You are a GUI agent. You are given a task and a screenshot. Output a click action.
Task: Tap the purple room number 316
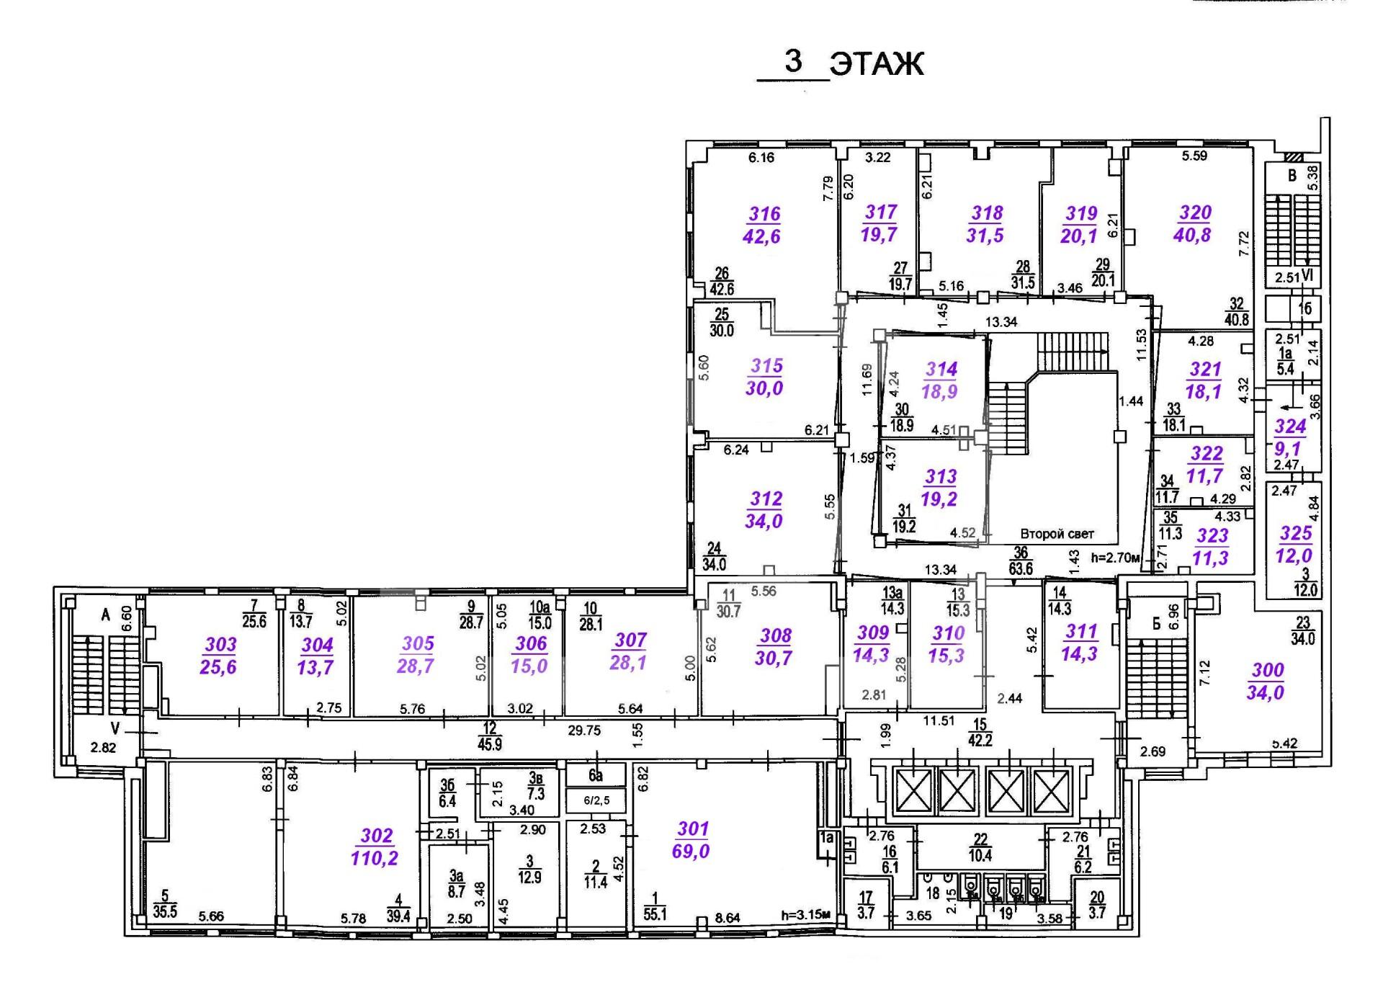[x=764, y=214]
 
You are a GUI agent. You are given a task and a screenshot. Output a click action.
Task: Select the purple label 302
[x=377, y=836]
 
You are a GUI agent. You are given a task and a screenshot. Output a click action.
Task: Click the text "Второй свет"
[x=1057, y=534]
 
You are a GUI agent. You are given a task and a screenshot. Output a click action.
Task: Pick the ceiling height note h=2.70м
[x=1116, y=558]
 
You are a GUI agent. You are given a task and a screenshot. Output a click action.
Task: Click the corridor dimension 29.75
[x=583, y=731]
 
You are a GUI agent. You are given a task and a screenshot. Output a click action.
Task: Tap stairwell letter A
[x=106, y=615]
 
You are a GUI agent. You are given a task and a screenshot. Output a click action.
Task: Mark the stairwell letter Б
[x=1156, y=624]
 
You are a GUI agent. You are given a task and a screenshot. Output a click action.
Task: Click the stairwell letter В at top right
[x=1292, y=176]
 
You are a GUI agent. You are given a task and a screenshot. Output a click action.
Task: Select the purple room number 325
[x=1296, y=533]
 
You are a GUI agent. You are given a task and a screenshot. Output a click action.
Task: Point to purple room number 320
[x=1195, y=213]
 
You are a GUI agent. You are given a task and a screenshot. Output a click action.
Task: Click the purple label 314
[x=941, y=370]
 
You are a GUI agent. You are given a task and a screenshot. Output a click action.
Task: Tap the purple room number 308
[x=776, y=635]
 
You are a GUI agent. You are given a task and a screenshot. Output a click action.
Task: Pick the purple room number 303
[x=220, y=645]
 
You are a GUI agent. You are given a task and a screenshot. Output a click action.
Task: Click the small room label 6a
[x=595, y=775]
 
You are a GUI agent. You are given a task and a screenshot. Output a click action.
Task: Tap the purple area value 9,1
[x=1288, y=449]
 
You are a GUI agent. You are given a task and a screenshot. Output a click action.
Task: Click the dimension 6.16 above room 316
[x=761, y=157]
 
